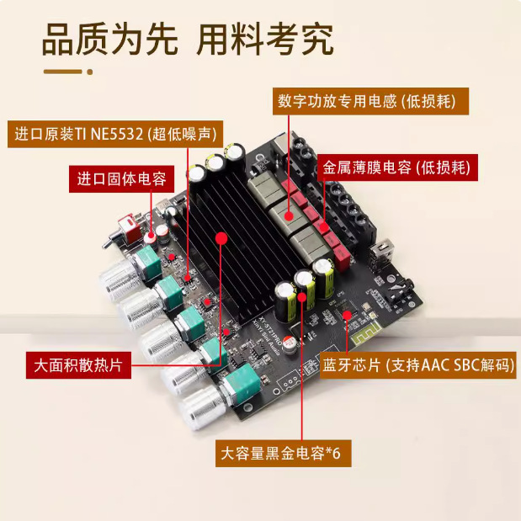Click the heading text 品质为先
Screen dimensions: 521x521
pos(110,40)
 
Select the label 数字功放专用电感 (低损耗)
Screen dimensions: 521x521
pos(369,102)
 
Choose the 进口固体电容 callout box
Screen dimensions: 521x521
pos(121,178)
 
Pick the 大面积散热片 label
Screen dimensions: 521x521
pos(77,367)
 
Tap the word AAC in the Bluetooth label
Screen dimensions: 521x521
pos(429,365)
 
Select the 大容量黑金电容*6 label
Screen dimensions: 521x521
pos(280,453)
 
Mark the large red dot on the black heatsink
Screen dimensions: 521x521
pos(221,239)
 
